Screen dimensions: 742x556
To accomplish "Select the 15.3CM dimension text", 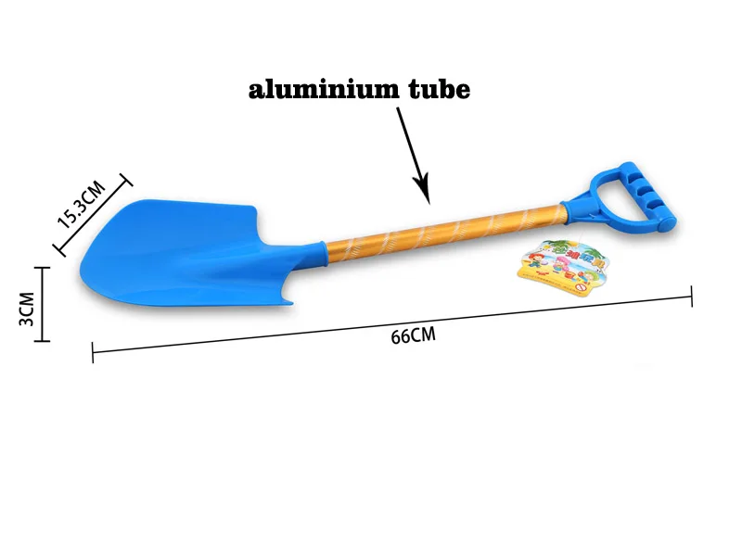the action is (x=83, y=206).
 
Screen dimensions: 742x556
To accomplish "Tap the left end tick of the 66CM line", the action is (x=93, y=351).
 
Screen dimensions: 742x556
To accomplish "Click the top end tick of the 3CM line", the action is (x=43, y=268).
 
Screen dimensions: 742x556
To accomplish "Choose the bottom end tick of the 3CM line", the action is (x=43, y=341).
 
